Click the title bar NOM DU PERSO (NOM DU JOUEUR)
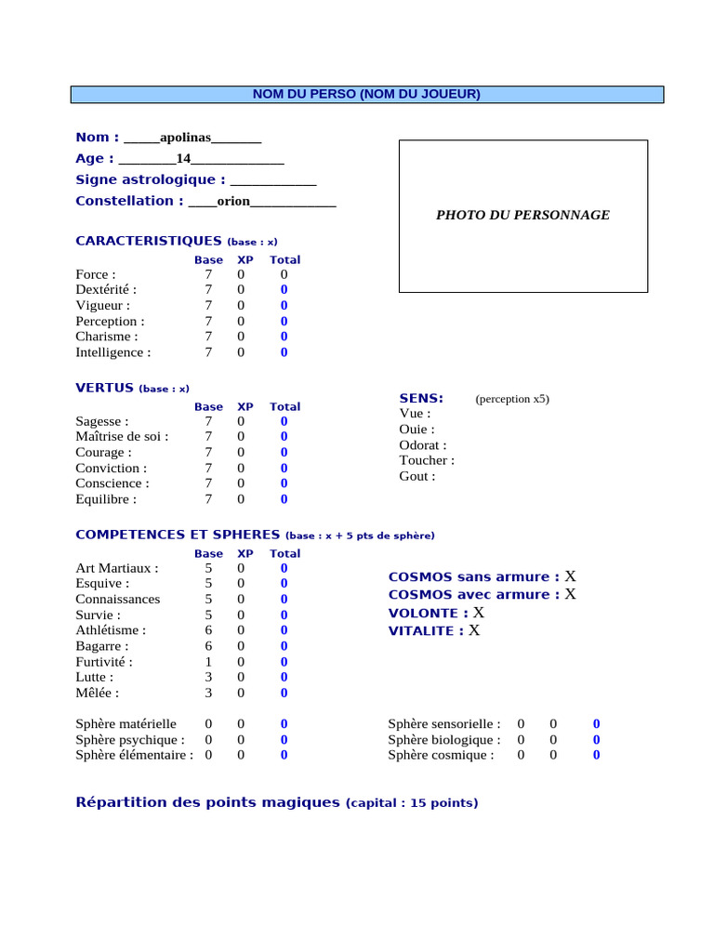367,94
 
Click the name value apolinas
185,138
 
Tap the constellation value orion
233,201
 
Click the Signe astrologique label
150,179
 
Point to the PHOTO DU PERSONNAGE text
522,215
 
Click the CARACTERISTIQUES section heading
149,241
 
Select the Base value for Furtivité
208,661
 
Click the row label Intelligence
112,352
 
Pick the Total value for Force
284,274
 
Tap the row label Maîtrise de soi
122,437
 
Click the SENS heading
421,398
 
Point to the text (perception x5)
512,399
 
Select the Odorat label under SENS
422,445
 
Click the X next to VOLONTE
479,613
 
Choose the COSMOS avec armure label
474,594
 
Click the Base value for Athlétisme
208,630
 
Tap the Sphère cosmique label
441,755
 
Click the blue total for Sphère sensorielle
596,723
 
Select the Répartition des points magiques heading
207,802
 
